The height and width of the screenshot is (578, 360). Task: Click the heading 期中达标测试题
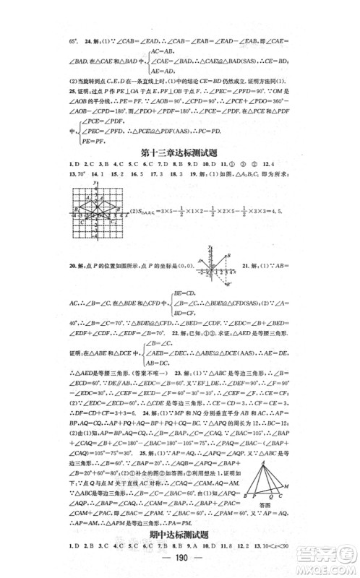coord(179,535)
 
